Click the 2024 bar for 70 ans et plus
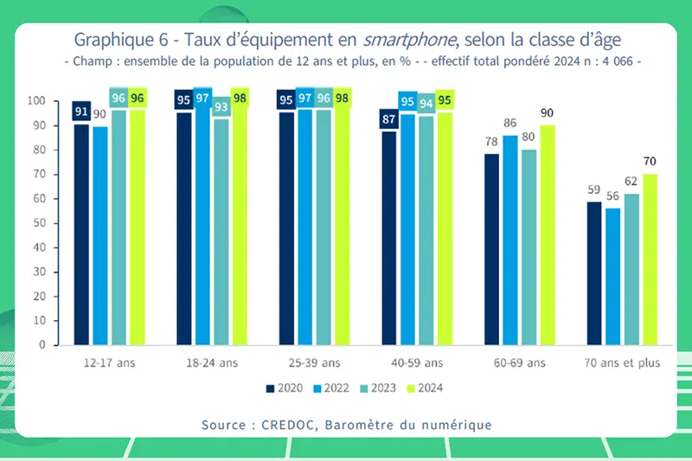[x=650, y=259]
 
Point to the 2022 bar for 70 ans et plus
[x=612, y=276]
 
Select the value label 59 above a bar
[x=593, y=189]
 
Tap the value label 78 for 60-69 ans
[x=491, y=142]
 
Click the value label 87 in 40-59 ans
[x=388, y=118]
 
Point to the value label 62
[x=631, y=182]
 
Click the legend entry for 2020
[x=281, y=387]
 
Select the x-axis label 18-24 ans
[x=211, y=363]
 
